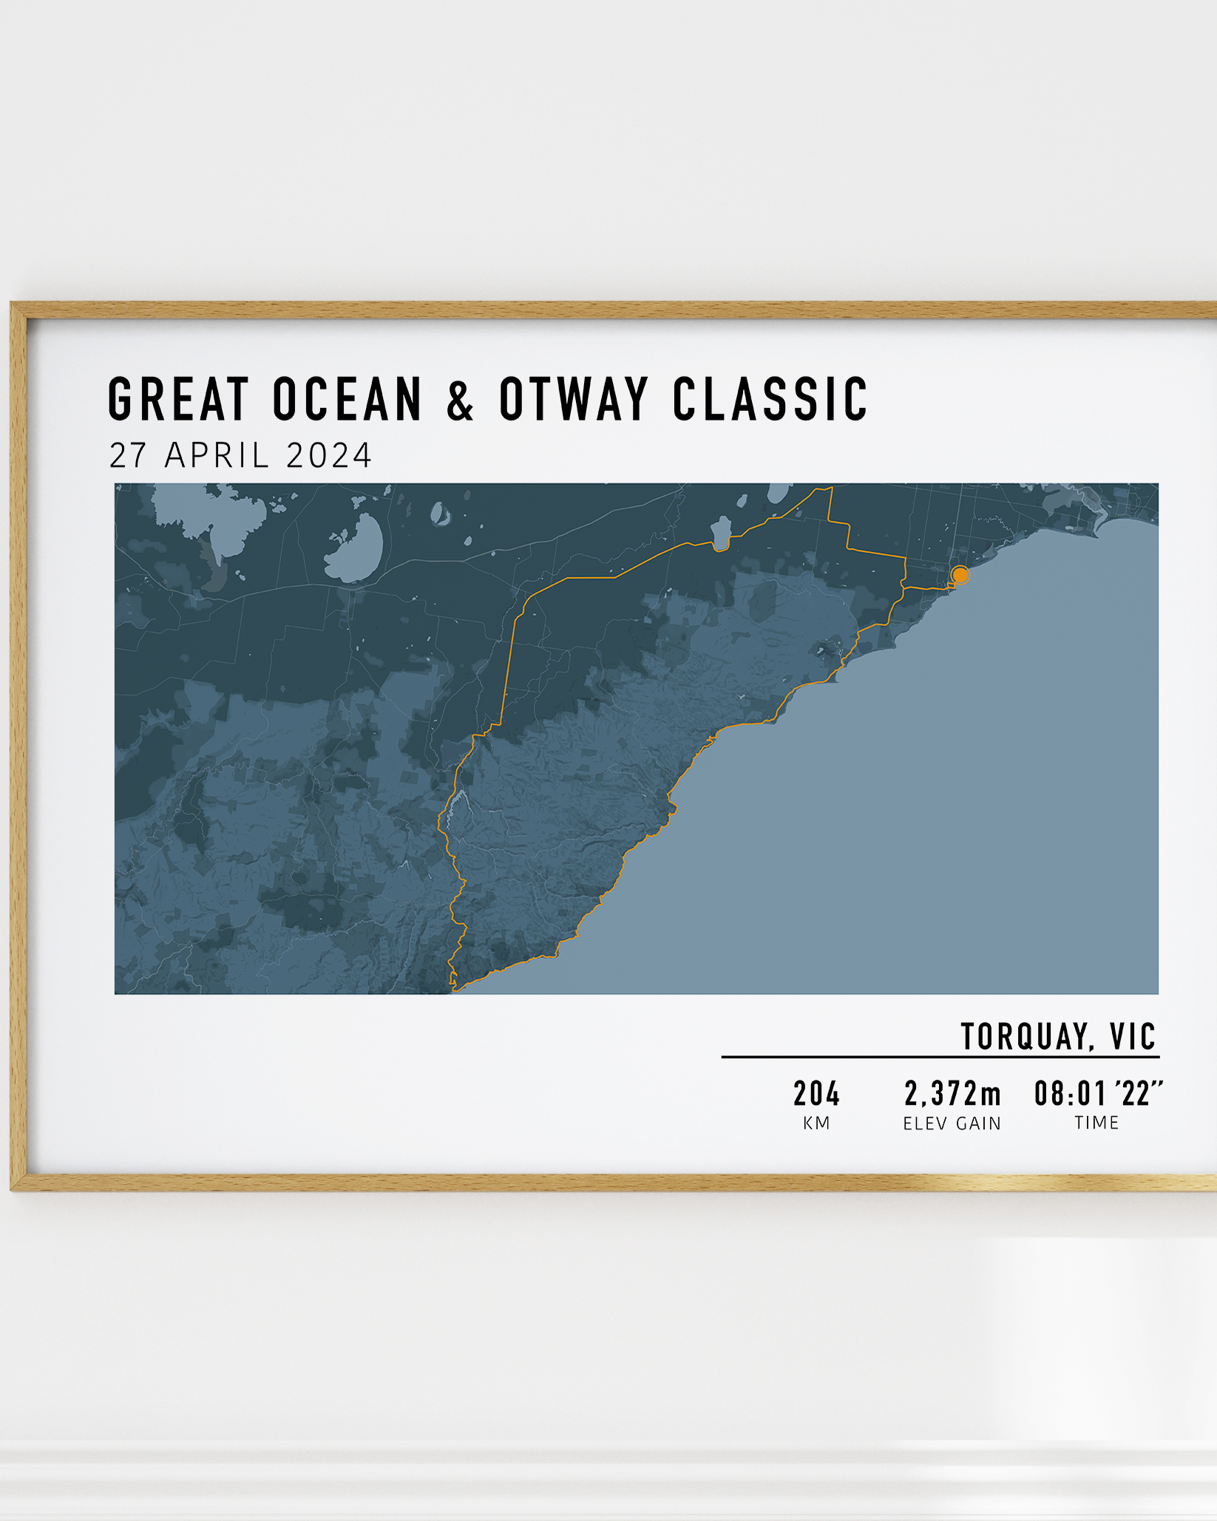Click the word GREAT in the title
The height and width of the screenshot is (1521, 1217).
(x=178, y=399)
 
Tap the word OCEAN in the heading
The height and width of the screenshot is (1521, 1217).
(x=348, y=399)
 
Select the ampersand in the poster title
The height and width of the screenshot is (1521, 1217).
(x=460, y=400)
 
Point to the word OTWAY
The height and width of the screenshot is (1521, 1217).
(x=574, y=399)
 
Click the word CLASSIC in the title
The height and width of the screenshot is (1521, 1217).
(x=770, y=399)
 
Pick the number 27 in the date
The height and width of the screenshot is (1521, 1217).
(x=128, y=455)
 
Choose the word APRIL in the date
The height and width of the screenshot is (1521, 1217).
(x=217, y=455)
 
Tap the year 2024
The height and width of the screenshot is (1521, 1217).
(x=329, y=455)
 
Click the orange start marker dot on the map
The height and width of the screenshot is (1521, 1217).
(x=960, y=574)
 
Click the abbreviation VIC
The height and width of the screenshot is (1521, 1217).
(x=1133, y=1036)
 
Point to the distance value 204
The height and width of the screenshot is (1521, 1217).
(x=817, y=1094)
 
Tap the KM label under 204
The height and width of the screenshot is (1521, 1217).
(x=817, y=1123)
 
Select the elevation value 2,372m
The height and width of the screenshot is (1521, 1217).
(x=952, y=1094)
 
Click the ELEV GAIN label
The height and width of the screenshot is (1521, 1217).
(x=952, y=1123)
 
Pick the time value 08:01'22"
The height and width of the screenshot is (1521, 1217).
(x=1098, y=1094)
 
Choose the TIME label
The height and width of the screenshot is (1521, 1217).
(x=1097, y=1123)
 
